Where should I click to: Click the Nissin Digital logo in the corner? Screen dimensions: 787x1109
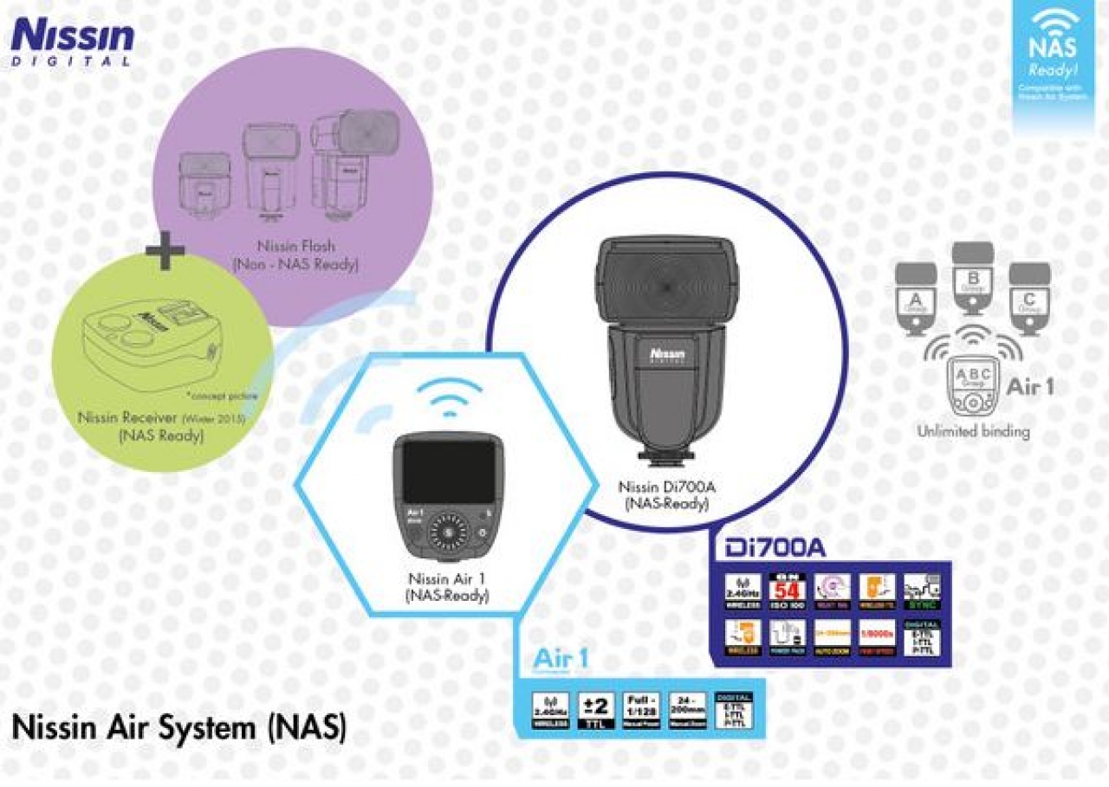(x=73, y=42)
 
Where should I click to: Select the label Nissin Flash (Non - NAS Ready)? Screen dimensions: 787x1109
(x=295, y=255)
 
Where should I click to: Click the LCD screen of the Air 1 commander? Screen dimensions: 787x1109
(x=448, y=473)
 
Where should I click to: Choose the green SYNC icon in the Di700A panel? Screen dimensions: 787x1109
(x=922, y=591)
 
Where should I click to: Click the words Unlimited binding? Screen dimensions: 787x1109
(x=974, y=431)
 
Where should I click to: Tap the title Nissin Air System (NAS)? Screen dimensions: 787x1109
(x=179, y=726)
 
